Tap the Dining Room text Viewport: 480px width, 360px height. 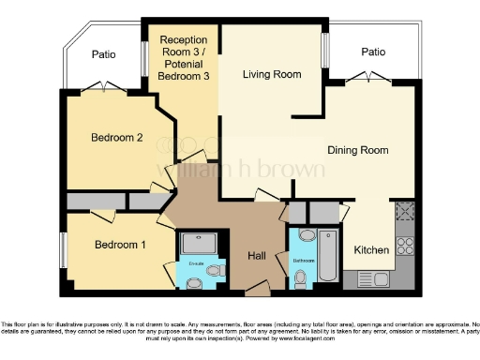[x=357, y=150]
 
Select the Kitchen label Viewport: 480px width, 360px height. [x=371, y=250]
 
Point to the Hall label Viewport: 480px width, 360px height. [x=259, y=255]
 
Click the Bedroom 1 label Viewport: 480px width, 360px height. [x=120, y=246]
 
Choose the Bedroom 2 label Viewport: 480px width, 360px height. [x=117, y=138]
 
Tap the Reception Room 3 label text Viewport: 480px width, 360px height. [x=185, y=57]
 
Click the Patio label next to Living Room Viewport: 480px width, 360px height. [x=374, y=52]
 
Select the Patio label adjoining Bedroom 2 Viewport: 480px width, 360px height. [x=103, y=55]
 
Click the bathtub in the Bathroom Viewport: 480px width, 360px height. [x=329, y=256]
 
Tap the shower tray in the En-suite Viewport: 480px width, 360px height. [x=199, y=245]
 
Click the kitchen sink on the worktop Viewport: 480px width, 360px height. [x=379, y=278]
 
